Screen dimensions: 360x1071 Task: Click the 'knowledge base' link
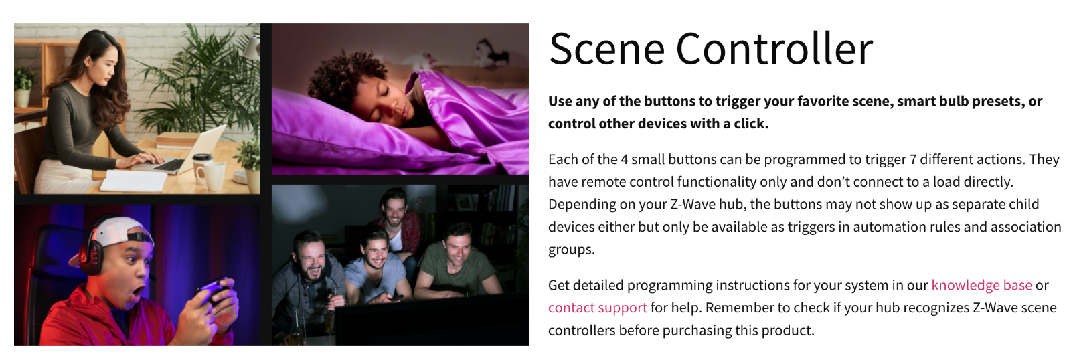click(981, 285)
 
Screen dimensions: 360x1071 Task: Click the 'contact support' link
click(597, 308)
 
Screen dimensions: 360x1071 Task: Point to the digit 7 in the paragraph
click(912, 159)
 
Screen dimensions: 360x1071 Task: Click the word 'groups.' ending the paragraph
click(571, 250)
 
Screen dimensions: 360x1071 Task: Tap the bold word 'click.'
click(751, 124)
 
